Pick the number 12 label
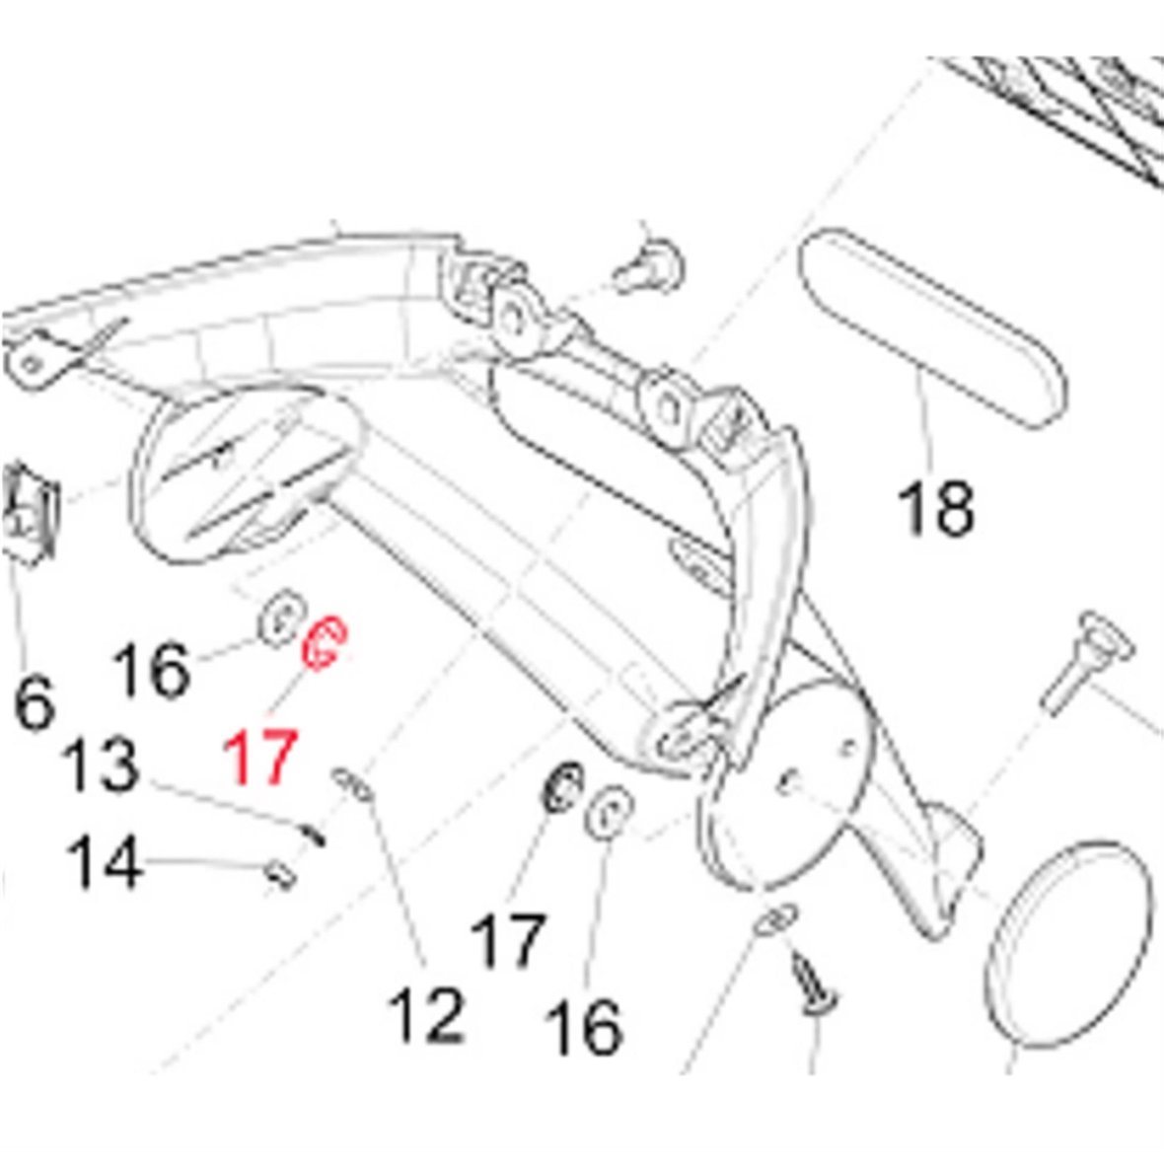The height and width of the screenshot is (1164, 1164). [x=426, y=1015]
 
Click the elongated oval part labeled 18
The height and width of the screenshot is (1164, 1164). [x=930, y=329]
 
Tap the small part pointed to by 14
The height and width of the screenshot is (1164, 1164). [x=279, y=872]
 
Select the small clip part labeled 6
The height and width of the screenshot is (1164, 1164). [x=33, y=509]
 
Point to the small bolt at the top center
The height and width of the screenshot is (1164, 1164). [x=651, y=265]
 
